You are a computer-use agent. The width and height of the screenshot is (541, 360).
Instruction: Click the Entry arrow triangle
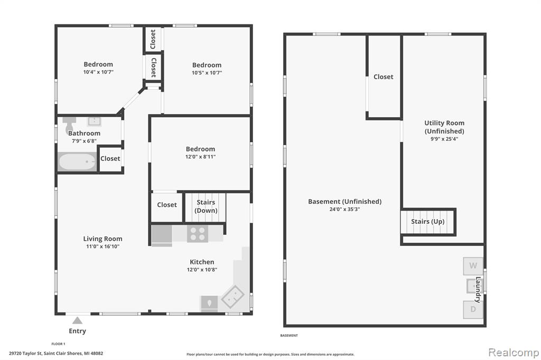tap(77, 321)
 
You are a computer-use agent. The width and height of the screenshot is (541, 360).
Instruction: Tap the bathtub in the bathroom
tap(77, 162)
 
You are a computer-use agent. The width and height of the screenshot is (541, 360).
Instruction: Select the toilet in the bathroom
tap(69, 125)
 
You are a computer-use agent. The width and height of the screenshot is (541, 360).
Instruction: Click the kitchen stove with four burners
tap(198, 233)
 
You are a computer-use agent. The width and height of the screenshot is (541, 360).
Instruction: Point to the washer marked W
tap(473, 266)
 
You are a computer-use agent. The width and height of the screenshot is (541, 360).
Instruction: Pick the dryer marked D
tap(473, 309)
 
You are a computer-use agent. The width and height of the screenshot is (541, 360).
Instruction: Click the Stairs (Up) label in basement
tap(427, 221)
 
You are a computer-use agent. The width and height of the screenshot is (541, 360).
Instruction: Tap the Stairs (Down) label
tap(206, 206)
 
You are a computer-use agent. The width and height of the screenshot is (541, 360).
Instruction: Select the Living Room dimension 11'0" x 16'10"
tap(103, 246)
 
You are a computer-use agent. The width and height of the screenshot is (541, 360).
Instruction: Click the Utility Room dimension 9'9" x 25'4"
tap(444, 139)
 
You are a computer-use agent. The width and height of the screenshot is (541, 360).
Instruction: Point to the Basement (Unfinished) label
tap(344, 202)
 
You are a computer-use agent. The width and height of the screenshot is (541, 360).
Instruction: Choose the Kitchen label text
tap(202, 262)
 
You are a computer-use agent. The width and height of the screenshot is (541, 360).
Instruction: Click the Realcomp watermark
tap(514, 352)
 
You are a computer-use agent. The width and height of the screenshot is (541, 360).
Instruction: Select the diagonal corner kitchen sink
tap(233, 296)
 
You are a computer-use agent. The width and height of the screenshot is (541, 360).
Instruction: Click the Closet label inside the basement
tap(384, 77)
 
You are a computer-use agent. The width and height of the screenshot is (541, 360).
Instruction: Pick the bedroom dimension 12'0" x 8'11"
tap(200, 157)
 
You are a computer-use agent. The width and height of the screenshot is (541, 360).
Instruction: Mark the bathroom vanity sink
tap(94, 121)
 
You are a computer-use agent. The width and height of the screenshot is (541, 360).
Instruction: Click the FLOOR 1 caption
tap(58, 344)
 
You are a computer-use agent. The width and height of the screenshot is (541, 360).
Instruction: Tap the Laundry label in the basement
tap(478, 290)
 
